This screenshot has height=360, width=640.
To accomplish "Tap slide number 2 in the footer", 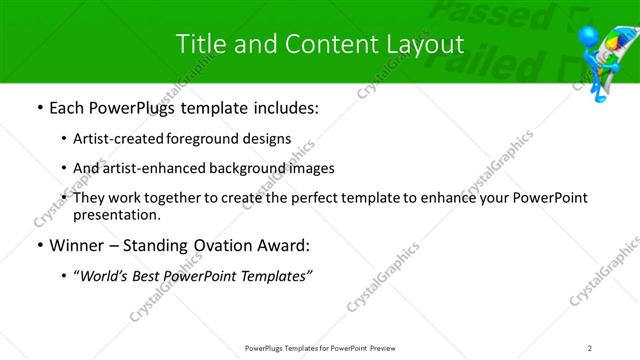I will tap(589, 347).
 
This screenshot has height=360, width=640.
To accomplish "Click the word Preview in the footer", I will tap(387, 347).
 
